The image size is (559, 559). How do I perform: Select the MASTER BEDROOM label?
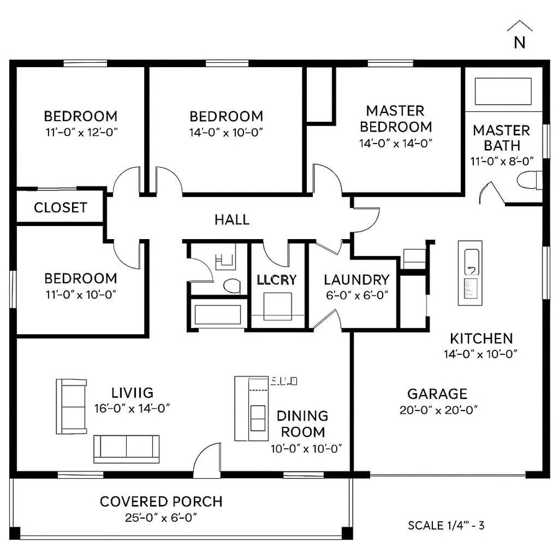click(x=395, y=119)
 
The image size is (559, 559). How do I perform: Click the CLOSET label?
click(x=60, y=207)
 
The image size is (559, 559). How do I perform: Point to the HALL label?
click(x=232, y=219)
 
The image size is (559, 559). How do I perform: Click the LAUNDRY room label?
click(x=357, y=279)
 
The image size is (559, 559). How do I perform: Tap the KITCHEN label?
click(x=481, y=339)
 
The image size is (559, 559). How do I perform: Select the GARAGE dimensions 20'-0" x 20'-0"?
click(x=437, y=409)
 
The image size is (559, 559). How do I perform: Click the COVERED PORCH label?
click(x=161, y=501)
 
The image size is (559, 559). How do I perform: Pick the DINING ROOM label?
click(x=302, y=424)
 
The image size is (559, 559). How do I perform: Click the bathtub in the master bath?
click(x=503, y=91)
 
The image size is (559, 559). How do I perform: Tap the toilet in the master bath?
click(x=529, y=180)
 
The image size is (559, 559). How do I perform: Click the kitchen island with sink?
click(x=470, y=273)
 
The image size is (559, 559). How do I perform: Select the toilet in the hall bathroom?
click(x=231, y=286)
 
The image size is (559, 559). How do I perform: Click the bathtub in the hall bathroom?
click(x=217, y=314)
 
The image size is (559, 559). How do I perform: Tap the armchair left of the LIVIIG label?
click(x=71, y=406)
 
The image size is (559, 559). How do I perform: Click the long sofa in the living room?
click(x=126, y=448)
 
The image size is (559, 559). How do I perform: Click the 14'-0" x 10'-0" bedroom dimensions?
click(x=226, y=132)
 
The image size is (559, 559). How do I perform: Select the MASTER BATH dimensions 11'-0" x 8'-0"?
click(x=502, y=160)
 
